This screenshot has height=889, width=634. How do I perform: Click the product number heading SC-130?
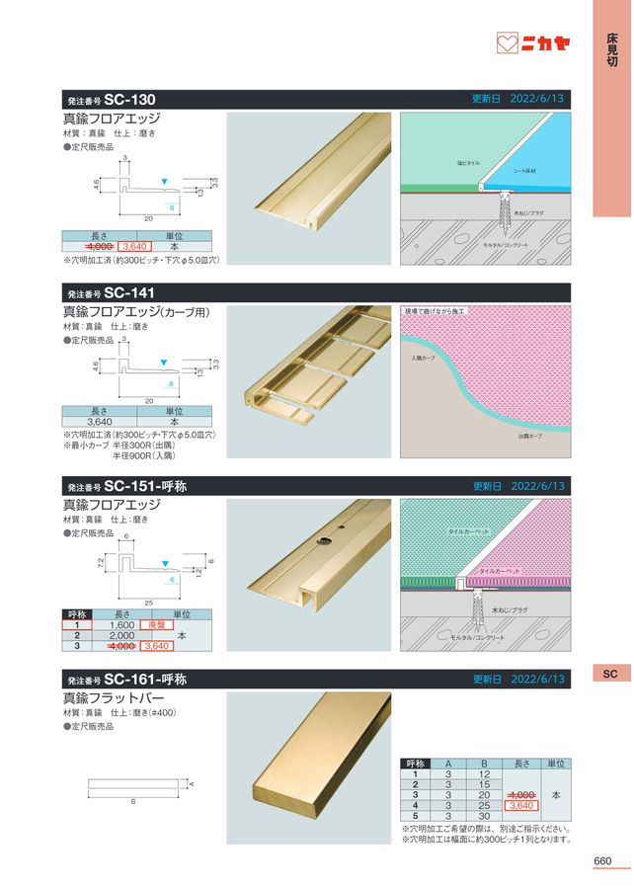[x=127, y=99]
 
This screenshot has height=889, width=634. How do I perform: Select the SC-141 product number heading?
[x=127, y=292]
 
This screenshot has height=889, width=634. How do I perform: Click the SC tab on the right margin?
[x=609, y=674]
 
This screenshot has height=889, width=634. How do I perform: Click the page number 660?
[x=602, y=860]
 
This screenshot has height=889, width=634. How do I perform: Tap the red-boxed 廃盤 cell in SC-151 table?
[x=154, y=624]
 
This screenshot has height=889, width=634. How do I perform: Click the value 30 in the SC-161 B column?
[x=484, y=816]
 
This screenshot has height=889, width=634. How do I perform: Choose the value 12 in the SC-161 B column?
[x=484, y=773]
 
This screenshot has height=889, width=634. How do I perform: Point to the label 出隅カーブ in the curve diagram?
[x=531, y=435]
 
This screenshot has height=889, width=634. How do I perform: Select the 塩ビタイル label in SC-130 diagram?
[x=468, y=161]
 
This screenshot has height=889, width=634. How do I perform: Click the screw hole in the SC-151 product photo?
[x=322, y=541]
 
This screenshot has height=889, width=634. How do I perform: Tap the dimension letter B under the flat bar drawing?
[x=133, y=801]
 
